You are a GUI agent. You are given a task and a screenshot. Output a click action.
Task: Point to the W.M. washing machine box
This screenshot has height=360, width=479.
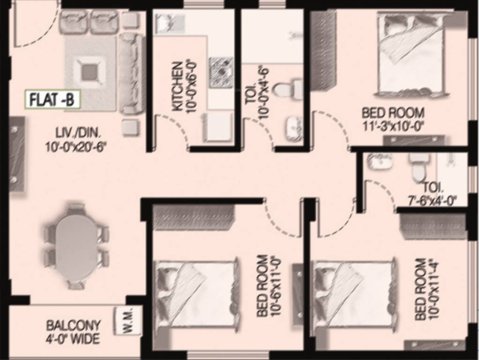point(128,321)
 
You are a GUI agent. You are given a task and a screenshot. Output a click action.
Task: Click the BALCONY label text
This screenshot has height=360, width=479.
point(73,325)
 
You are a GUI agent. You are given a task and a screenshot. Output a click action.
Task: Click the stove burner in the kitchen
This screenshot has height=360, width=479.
point(221,72)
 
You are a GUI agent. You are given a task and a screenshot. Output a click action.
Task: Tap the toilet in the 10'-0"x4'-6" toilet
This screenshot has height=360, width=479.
point(287,89)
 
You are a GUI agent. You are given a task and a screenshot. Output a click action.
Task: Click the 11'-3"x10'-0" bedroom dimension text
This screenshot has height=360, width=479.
point(393,127)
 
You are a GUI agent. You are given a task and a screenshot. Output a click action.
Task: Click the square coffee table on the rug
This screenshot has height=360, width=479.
point(90,72)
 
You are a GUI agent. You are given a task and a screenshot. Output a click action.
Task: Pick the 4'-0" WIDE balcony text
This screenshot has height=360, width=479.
point(73,339)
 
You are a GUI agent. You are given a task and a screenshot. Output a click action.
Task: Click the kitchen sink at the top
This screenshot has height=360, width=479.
point(165,22)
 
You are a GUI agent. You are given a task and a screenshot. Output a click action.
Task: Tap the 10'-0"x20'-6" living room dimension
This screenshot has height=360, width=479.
point(76,147)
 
